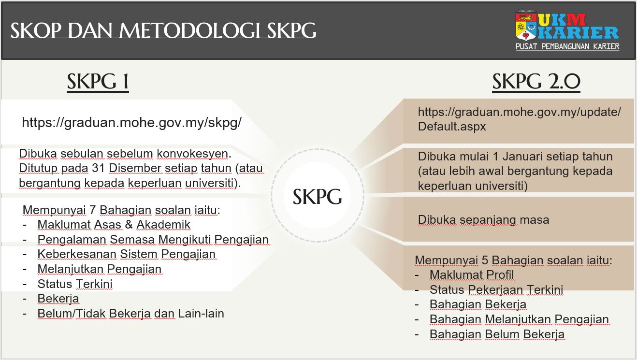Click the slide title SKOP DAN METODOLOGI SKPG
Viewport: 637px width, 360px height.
click(163, 30)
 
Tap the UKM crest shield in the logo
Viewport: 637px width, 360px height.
click(526, 26)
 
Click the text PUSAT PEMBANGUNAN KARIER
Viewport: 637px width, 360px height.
click(567, 46)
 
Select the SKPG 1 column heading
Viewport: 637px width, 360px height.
click(98, 82)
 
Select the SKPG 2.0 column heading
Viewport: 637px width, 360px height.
click(536, 82)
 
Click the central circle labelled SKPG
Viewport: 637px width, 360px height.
click(318, 196)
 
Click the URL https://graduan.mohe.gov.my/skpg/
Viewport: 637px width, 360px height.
click(131, 123)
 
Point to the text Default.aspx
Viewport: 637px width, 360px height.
click(452, 126)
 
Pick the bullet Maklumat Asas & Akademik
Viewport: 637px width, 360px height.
click(114, 224)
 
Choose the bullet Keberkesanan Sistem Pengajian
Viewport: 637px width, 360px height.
click(127, 254)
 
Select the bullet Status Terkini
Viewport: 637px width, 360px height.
click(75, 284)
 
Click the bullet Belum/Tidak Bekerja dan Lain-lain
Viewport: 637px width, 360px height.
click(131, 313)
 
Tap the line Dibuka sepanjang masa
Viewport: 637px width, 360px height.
click(483, 220)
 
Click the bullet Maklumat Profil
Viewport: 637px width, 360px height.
click(472, 274)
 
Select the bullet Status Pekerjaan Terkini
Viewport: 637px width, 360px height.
click(496, 289)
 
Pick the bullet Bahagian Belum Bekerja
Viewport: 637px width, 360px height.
click(497, 334)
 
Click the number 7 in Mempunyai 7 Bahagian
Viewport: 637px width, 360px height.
click(92, 210)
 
